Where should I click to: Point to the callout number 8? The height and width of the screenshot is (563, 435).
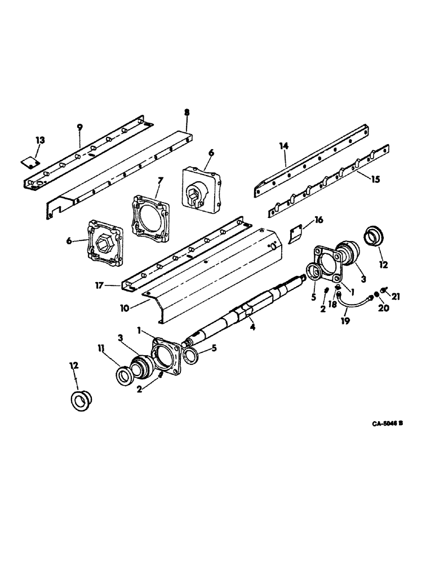coord(187,113)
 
